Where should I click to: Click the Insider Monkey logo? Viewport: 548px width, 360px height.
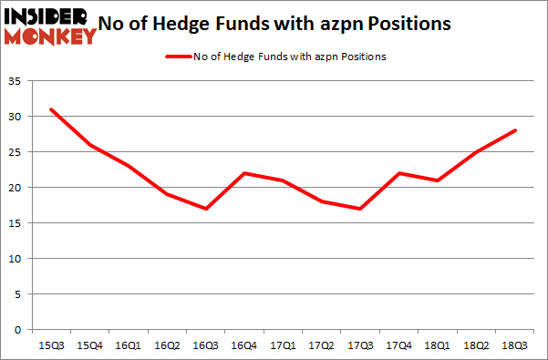click(49, 25)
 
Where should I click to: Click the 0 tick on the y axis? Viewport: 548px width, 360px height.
click(17, 330)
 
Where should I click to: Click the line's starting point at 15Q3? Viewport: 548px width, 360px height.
click(51, 110)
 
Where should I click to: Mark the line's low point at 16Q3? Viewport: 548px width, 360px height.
click(205, 209)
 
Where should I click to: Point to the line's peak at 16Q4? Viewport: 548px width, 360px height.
click(243, 173)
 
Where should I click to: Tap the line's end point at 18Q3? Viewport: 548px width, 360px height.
click(516, 130)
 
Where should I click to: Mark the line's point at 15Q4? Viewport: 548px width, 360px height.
click(89, 145)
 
